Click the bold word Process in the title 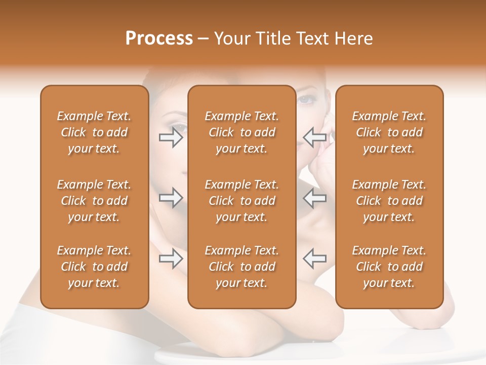pyautogui.click(x=159, y=39)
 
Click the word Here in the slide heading pyautogui.click(x=354, y=39)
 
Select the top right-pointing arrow pyautogui.click(x=171, y=137)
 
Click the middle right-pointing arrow pyautogui.click(x=171, y=198)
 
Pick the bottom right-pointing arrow pyautogui.click(x=171, y=259)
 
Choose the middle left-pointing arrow pyautogui.click(x=314, y=198)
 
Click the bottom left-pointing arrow pyautogui.click(x=314, y=259)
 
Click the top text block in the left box pyautogui.click(x=94, y=132)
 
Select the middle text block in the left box pyautogui.click(x=94, y=201)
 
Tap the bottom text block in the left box pyautogui.click(x=94, y=267)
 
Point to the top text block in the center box pyautogui.click(x=241, y=132)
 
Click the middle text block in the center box pyautogui.click(x=241, y=201)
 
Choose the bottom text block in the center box pyautogui.click(x=241, y=267)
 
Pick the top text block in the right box pyautogui.click(x=389, y=132)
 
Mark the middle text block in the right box pyautogui.click(x=389, y=201)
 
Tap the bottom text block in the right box pyautogui.click(x=389, y=267)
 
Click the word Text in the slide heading pyautogui.click(x=313, y=39)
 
